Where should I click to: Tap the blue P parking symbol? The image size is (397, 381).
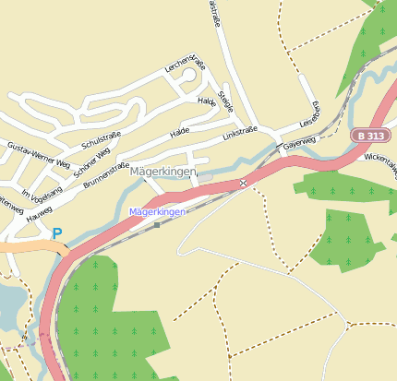point(57,234)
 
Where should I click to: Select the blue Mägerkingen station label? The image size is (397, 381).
point(158,212)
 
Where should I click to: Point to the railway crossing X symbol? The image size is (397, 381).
point(244,183)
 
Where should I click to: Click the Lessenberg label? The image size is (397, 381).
point(309,116)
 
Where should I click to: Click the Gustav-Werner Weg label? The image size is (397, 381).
point(38,154)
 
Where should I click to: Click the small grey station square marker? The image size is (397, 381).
point(157,224)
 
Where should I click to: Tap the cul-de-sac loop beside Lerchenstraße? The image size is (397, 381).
point(188,77)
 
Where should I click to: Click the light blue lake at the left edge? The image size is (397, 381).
point(7,304)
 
